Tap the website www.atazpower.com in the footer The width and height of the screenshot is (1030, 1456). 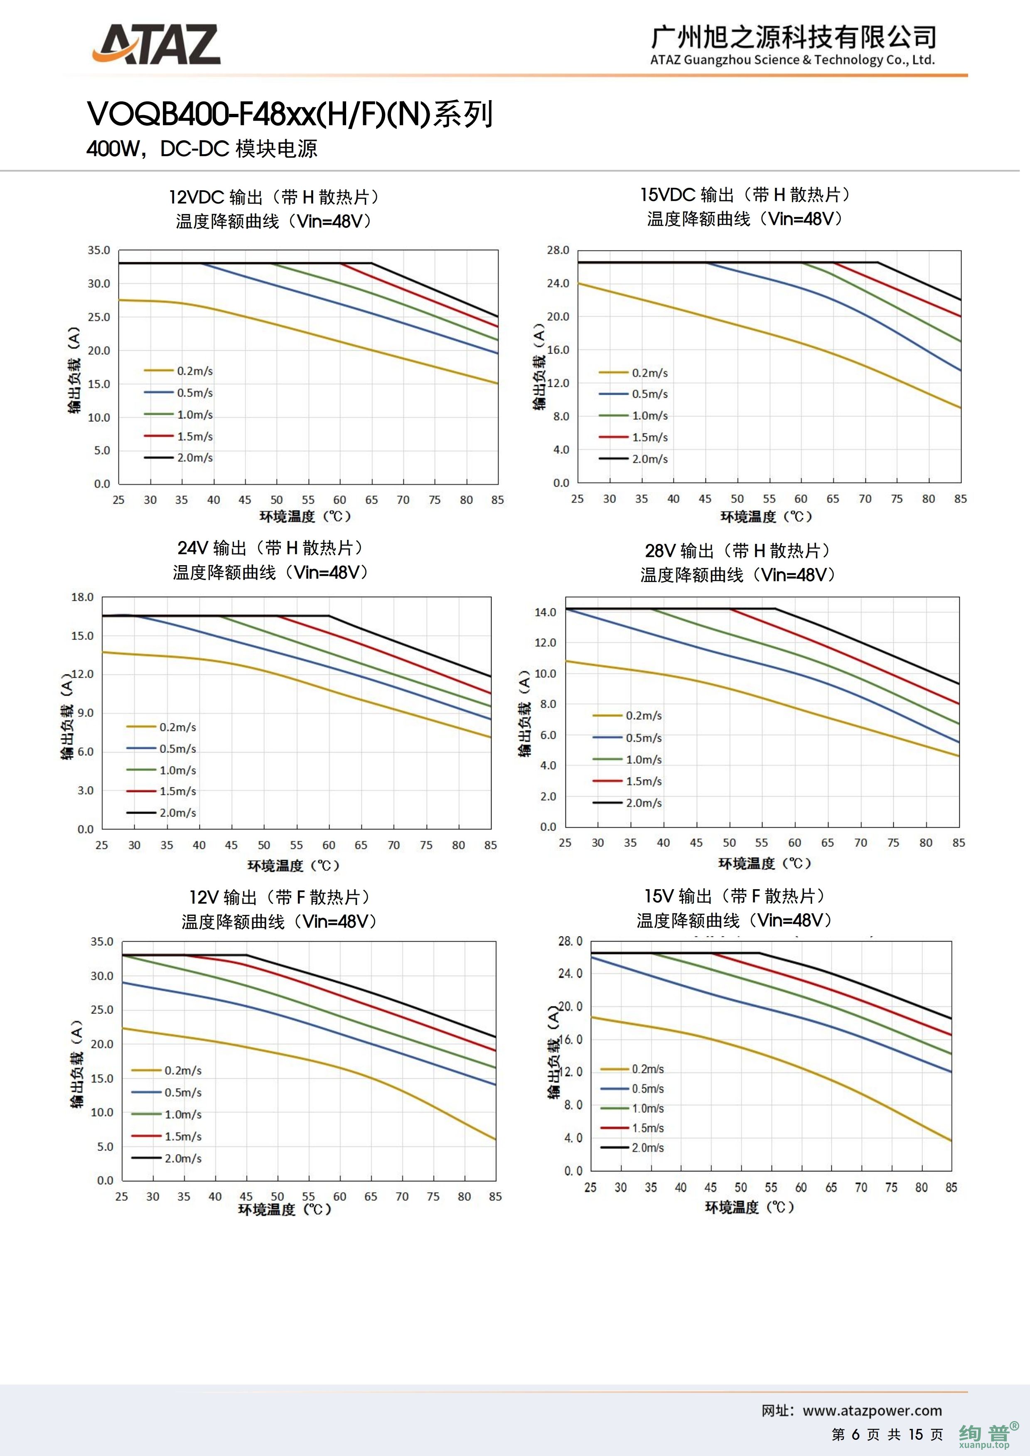point(872,1410)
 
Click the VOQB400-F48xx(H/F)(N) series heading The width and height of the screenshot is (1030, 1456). point(290,115)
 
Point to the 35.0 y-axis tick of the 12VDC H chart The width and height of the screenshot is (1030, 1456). point(99,251)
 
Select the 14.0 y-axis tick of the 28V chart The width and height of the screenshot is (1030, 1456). point(546,612)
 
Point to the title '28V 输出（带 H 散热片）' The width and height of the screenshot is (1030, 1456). point(737,551)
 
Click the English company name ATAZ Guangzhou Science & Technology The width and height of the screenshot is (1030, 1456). point(792,60)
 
